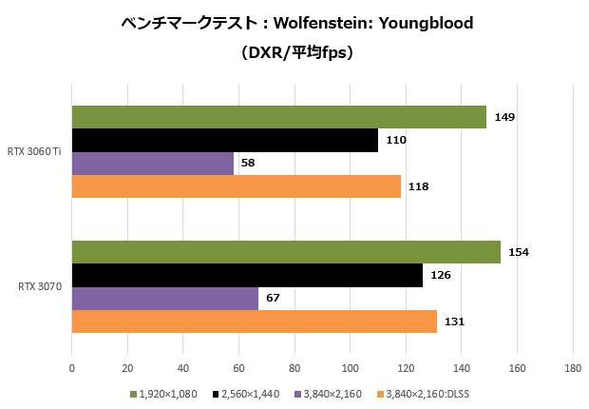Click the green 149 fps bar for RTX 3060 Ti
point(278,117)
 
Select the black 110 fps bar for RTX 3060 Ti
point(224,140)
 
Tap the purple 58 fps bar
point(152,164)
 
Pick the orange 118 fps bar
point(236,186)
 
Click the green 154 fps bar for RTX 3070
point(285,252)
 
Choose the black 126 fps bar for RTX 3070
point(247,275)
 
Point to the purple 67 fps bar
point(164,299)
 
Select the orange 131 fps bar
point(254,321)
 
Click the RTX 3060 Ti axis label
point(34,152)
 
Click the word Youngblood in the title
point(427,22)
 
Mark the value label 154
point(519,252)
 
